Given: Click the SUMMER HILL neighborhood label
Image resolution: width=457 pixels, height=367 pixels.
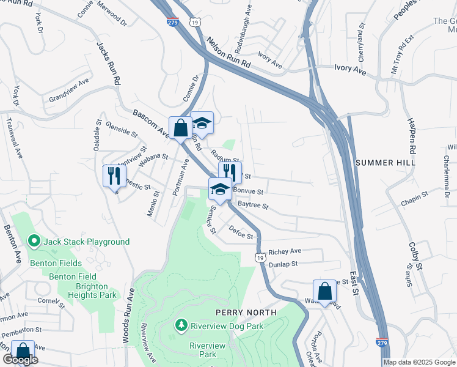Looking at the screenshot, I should (385, 163).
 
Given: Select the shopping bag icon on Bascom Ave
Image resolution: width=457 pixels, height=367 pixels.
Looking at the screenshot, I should (180, 128).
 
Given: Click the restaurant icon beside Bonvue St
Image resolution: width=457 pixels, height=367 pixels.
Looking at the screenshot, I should (230, 172).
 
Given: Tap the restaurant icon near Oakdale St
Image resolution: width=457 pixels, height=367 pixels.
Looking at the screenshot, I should (114, 176).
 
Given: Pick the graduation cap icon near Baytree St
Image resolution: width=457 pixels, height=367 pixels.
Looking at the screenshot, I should (220, 189).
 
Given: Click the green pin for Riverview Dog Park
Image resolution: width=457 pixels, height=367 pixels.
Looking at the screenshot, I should (181, 324).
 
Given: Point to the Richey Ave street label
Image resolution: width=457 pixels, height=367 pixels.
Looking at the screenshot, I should (285, 251).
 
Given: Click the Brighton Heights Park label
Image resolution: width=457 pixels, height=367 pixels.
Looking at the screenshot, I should (95, 291).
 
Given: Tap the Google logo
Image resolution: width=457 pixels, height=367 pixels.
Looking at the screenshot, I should (20, 360).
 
